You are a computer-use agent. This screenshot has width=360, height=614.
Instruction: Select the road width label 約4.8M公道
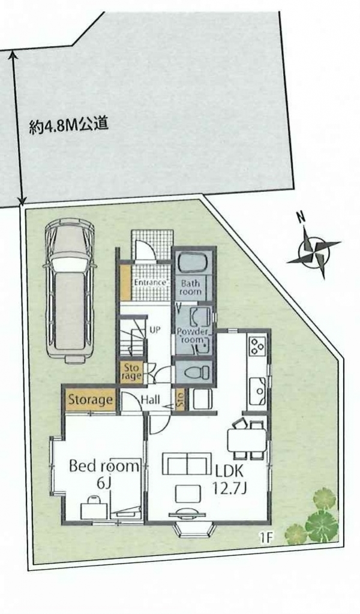click(68, 126)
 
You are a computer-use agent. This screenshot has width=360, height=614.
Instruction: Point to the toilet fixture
click(194, 372)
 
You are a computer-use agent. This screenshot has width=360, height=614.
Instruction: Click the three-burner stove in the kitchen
click(257, 346)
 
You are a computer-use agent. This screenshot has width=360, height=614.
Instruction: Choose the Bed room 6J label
click(104, 474)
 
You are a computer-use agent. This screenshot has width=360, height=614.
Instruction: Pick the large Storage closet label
click(91, 400)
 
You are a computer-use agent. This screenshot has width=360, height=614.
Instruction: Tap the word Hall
click(150, 400)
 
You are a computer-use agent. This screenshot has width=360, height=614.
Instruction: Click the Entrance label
click(151, 282)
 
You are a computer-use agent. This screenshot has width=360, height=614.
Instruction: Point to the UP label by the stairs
click(155, 329)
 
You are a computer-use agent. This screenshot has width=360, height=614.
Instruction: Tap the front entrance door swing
click(145, 250)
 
